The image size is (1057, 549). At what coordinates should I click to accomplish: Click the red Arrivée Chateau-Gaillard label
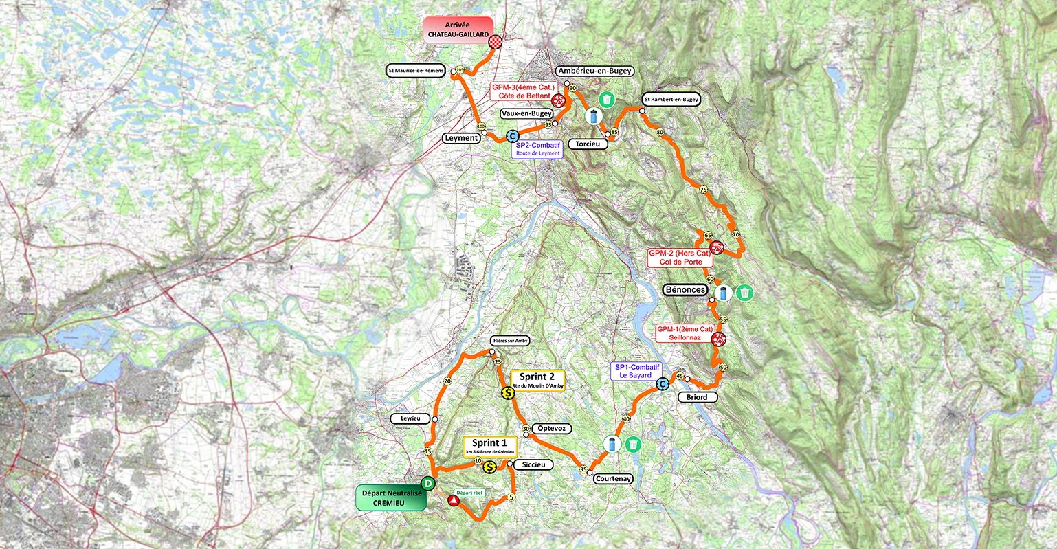pos(458,30)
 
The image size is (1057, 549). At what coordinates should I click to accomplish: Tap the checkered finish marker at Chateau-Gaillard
pos(495,43)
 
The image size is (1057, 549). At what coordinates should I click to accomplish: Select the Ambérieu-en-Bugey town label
pos(594,71)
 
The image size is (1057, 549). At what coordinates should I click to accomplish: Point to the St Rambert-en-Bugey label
pos(670,99)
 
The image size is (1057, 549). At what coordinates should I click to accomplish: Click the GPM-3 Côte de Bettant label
pos(522,92)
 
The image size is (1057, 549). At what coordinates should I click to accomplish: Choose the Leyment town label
pos(461,138)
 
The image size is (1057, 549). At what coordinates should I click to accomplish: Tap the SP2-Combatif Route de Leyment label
pos(538,149)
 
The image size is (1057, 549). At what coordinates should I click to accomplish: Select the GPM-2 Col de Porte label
pos(680,258)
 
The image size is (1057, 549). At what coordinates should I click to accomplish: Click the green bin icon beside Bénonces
pos(744,293)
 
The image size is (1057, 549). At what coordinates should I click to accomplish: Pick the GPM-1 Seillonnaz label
pos(684,334)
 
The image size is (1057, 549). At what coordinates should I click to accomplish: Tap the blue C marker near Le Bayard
pos(662,385)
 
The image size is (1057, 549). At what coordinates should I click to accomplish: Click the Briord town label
pos(697,397)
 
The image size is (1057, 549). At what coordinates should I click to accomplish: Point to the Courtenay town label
pos(613,479)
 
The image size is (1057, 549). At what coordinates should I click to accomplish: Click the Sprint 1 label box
pos(489,447)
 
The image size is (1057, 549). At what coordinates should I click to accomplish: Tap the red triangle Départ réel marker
pos(454,501)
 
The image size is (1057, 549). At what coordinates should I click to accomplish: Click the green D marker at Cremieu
pos(427,484)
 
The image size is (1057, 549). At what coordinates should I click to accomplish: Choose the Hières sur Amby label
pos(511,340)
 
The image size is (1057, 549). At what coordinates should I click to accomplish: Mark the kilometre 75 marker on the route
pos(702,190)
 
